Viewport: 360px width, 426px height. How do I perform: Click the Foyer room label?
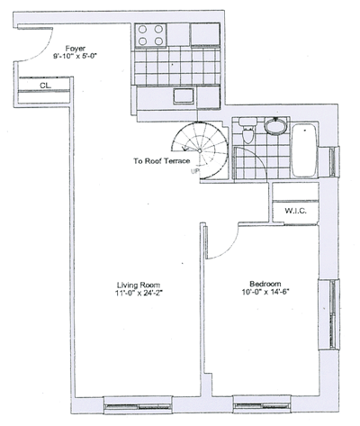76,49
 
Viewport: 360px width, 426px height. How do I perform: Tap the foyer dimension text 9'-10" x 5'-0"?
76,56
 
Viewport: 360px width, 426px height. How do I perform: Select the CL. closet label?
46,86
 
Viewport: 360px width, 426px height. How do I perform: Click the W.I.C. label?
295,211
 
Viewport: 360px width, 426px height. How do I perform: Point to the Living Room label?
139,285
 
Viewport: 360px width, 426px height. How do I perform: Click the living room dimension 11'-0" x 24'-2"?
139,294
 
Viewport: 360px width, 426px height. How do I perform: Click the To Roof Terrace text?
162,161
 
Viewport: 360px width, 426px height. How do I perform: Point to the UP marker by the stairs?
195,172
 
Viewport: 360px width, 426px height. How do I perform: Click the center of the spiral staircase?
200,150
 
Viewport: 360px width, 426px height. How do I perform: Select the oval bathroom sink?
276,126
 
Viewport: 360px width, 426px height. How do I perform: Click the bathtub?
304,150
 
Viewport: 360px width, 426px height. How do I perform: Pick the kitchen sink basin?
184,96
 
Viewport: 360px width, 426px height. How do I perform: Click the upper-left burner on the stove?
143,30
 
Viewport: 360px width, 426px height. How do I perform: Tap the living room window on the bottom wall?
138,405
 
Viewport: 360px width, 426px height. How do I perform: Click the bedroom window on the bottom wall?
262,404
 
